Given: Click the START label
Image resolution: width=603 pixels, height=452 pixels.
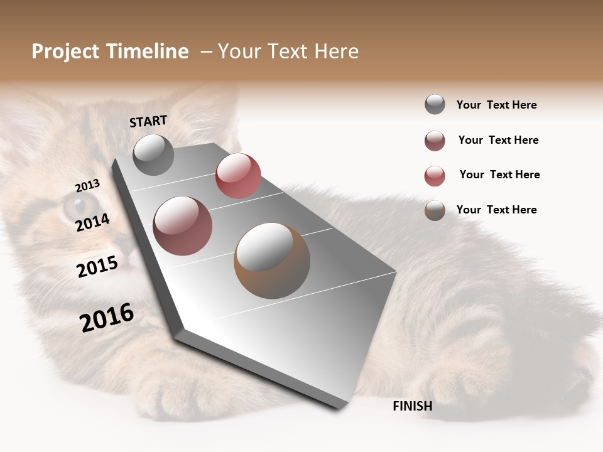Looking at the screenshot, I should pyautogui.click(x=148, y=121).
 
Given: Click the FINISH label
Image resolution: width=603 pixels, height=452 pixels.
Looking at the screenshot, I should pyautogui.click(x=412, y=406).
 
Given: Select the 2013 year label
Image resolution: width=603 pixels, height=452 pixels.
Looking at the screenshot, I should pyautogui.click(x=87, y=186).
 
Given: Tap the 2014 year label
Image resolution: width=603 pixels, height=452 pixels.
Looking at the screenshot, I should pyautogui.click(x=92, y=222).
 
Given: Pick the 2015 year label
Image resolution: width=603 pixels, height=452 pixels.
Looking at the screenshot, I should pyautogui.click(x=97, y=267).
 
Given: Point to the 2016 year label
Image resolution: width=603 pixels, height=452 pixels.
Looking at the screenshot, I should pyautogui.click(x=107, y=318).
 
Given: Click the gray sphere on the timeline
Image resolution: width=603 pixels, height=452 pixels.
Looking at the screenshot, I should pyautogui.click(x=153, y=154).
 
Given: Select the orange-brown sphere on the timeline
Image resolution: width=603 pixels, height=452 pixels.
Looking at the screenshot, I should pyautogui.click(x=271, y=261).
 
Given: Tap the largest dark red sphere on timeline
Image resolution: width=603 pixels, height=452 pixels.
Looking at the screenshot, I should pyautogui.click(x=182, y=225).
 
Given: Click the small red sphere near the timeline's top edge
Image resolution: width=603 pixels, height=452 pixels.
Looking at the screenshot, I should pyautogui.click(x=238, y=176).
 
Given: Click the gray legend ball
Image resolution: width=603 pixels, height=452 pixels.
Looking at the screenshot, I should pyautogui.click(x=435, y=104).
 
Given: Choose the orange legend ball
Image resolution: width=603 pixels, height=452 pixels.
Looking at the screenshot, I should pyautogui.click(x=435, y=210).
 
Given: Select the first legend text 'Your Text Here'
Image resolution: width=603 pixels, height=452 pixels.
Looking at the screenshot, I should pyautogui.click(x=496, y=105).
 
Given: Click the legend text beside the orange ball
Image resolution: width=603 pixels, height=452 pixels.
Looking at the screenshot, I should pyautogui.click(x=496, y=210).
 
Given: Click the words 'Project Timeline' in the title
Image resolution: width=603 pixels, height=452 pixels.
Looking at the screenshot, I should pyautogui.click(x=110, y=51).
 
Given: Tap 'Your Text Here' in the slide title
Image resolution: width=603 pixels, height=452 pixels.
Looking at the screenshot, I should pyautogui.click(x=288, y=51).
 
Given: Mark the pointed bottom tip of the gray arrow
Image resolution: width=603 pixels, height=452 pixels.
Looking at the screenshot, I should pyautogui.click(x=340, y=407).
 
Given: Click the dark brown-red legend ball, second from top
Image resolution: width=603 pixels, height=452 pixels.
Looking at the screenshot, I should pyautogui.click(x=435, y=141).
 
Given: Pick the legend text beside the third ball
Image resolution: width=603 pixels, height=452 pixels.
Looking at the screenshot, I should pyautogui.click(x=499, y=175).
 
